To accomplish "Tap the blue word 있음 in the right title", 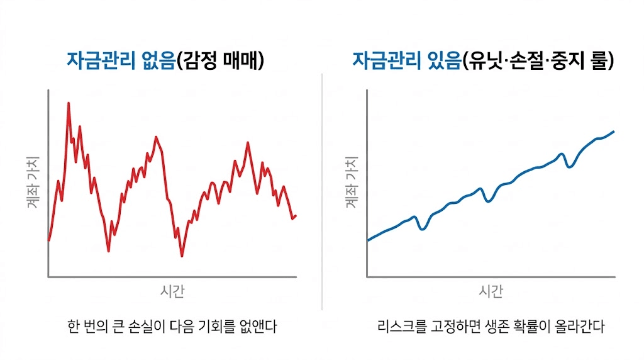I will pos(440,61).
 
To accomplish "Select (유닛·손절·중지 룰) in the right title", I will pos(538,61).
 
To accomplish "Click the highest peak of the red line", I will pos(68,103).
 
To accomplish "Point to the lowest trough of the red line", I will pos(182,256).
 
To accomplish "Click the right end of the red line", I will pos(295,216).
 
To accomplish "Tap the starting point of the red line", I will pos(49,240).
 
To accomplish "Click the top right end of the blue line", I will pos(613,132).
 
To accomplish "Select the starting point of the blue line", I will pos(368,240).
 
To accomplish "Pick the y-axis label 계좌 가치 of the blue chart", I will pos(352,183).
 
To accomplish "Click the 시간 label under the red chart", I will pos(172,291).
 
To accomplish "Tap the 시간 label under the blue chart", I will pos(491,291).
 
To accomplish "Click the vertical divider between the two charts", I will pos(322,189).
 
